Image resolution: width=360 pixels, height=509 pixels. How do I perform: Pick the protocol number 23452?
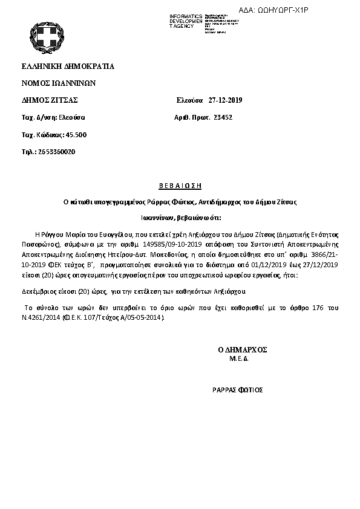223,117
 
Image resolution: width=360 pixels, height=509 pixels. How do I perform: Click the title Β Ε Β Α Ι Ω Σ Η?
180,186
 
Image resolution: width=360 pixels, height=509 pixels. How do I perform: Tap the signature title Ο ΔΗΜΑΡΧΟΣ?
243,349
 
